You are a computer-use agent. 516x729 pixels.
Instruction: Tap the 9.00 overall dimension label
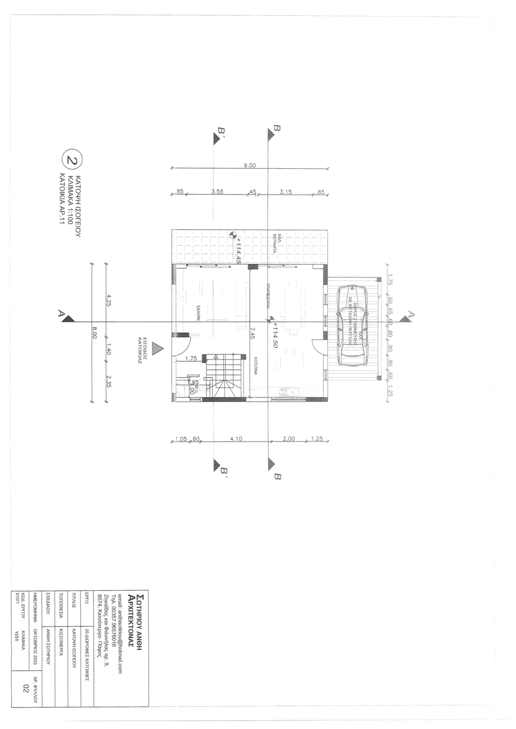(x=249, y=166)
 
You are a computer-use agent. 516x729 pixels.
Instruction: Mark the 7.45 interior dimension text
(x=252, y=333)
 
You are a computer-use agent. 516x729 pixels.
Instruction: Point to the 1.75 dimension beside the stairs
(x=190, y=358)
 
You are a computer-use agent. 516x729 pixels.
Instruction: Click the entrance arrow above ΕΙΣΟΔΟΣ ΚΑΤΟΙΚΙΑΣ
(x=157, y=349)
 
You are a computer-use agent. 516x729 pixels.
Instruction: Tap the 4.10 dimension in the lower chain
(x=236, y=438)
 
